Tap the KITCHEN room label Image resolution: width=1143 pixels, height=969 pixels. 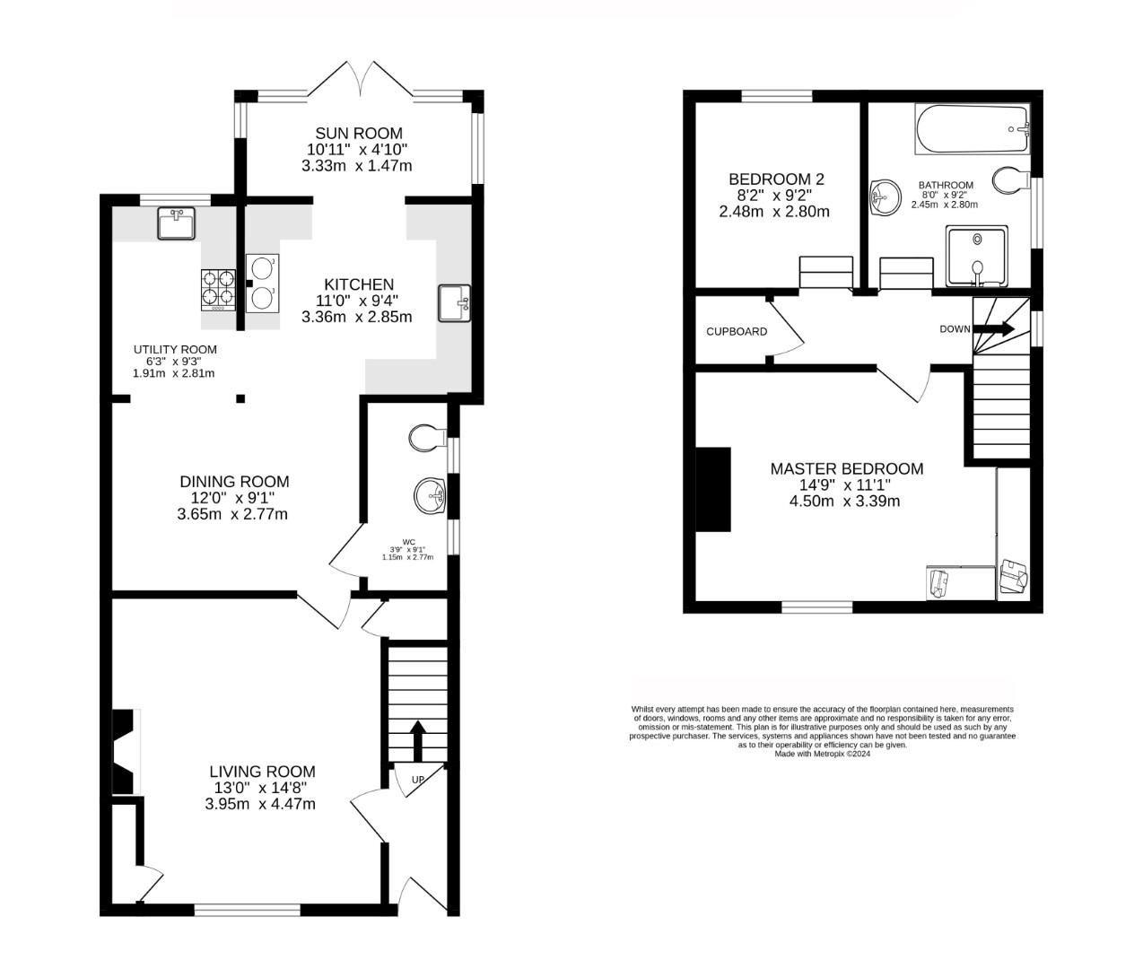pos(358,284)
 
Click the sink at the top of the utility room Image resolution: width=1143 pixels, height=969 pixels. pos(176,223)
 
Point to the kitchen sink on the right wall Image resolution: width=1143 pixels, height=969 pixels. pos(453,302)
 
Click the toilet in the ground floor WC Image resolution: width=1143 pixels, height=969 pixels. pos(427,438)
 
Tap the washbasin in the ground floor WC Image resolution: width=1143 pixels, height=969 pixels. pos(430,493)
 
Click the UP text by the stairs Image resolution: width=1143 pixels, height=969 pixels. pos(417,780)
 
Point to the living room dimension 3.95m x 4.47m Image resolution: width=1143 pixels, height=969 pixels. pos(260,804)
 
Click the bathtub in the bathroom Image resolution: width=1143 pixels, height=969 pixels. pos(972,129)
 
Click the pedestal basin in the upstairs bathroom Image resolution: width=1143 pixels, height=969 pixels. pos(885,196)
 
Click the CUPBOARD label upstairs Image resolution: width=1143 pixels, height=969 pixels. pos(736,331)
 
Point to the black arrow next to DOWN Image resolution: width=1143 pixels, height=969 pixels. pos(993,328)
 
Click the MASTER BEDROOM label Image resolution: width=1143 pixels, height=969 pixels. pos(846,468)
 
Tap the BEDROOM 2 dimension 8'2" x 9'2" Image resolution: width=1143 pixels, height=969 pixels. pos(773,196)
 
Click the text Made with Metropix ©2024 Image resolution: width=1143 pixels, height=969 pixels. pos(822,754)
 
